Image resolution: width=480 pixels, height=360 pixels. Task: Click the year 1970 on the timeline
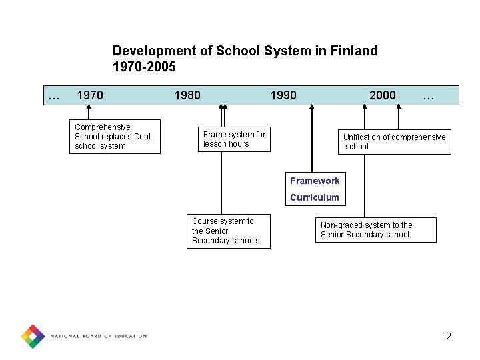pos(90,95)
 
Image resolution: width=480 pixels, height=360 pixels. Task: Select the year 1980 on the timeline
pos(187,95)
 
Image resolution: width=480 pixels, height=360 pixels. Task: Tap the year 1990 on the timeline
pos(283,95)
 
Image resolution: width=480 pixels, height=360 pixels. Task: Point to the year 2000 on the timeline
pos(382,95)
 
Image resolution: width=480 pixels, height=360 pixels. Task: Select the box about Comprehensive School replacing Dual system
pos(115,137)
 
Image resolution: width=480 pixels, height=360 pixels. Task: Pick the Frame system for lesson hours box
pos(234,139)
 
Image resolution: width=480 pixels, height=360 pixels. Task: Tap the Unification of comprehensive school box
pos(394,141)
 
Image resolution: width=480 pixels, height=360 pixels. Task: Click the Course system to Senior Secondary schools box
pos(228,231)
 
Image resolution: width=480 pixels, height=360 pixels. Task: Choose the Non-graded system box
pos(375,230)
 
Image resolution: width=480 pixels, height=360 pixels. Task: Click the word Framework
pos(315,181)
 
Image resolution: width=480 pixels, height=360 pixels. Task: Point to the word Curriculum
pos(315,197)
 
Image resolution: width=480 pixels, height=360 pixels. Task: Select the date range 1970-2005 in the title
pos(144,67)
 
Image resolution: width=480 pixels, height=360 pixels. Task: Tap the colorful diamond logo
pos(33,336)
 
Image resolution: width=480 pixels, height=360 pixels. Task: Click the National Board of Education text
pos(99,336)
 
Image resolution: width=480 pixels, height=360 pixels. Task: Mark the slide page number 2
pos(449,336)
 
